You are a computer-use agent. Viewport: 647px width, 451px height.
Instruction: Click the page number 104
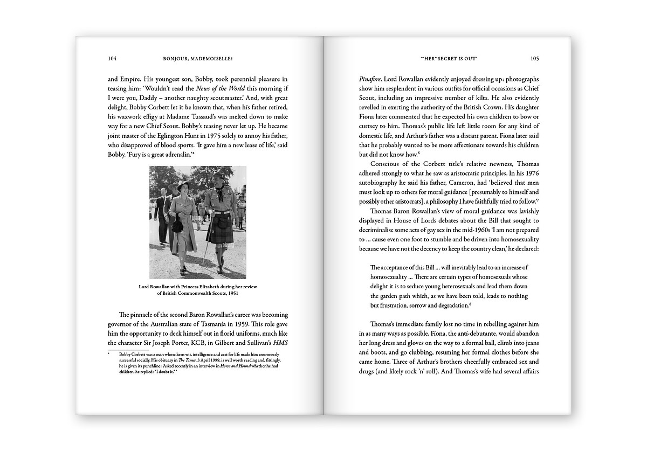pyautogui.click(x=112, y=58)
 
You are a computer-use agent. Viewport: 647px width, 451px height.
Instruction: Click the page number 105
pyautogui.click(x=534, y=58)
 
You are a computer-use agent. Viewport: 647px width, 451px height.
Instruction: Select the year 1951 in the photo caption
pyautogui.click(x=230, y=294)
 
